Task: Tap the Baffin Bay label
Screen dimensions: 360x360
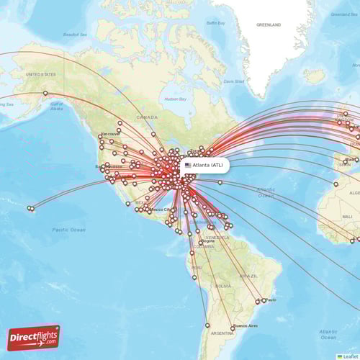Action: (x=215, y=23)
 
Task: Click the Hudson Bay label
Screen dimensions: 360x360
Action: (x=175, y=99)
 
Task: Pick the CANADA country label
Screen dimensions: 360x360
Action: (x=147, y=117)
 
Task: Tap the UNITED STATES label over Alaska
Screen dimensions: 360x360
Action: (x=40, y=74)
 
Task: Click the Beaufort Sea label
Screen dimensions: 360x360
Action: (x=74, y=34)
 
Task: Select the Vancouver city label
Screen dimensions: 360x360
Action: (x=111, y=134)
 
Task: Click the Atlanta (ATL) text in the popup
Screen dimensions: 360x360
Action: (x=208, y=165)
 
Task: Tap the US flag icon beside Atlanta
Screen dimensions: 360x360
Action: (x=188, y=165)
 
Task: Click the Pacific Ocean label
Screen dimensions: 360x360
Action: (x=69, y=230)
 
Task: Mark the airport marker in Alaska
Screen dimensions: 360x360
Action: (x=45, y=93)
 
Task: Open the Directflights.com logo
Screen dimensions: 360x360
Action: (x=34, y=337)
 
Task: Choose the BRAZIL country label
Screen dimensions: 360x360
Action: (x=249, y=276)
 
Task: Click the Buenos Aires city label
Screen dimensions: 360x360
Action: (x=246, y=325)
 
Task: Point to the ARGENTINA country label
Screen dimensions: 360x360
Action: (x=222, y=333)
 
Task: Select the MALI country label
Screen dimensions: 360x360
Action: (x=348, y=216)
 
